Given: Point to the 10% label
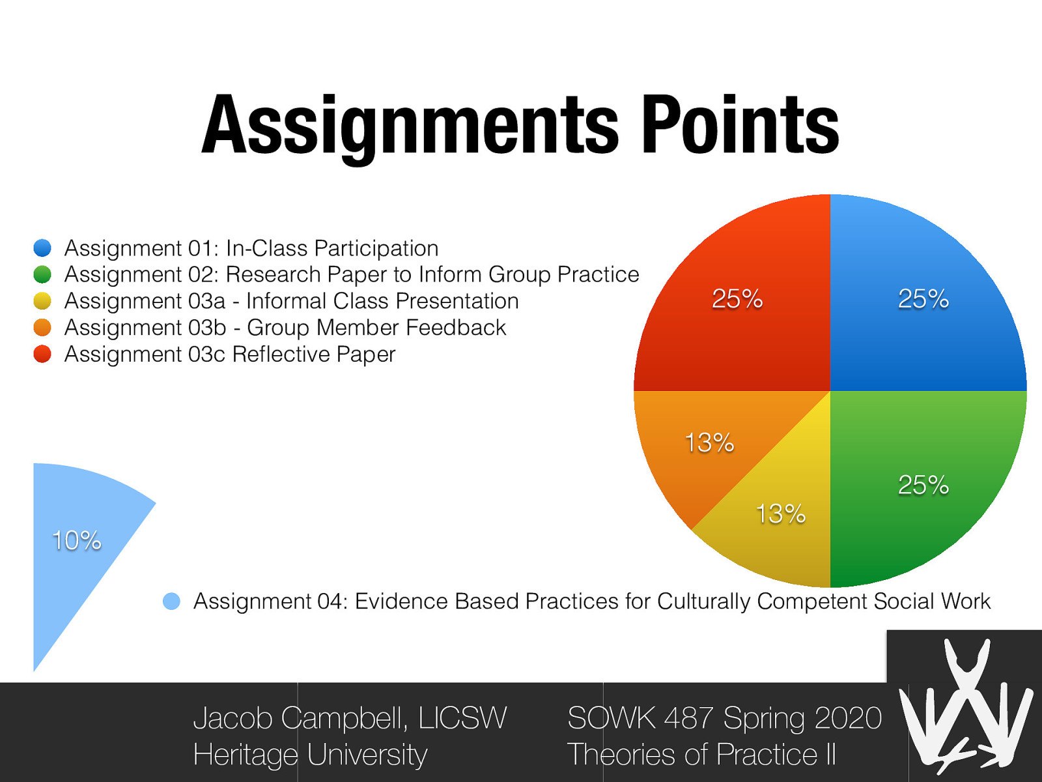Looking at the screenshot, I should click(77, 540).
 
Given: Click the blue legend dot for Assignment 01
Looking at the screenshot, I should click(42, 248).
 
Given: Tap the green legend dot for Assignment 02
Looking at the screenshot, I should click(42, 274).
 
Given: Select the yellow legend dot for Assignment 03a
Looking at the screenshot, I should click(42, 301).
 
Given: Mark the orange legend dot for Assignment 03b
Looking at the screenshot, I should click(42, 327).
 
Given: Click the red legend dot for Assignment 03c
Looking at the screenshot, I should click(42, 354).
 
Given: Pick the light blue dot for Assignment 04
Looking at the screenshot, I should click(171, 601).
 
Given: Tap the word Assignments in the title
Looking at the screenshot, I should click(410, 125).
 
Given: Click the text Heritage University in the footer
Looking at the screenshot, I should click(310, 755).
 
